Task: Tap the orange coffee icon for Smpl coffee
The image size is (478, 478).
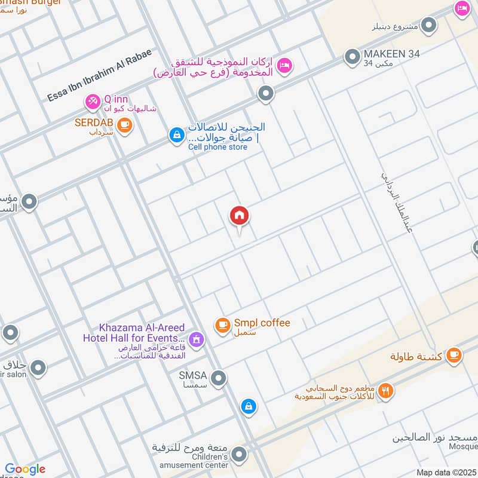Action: pyautogui.click(x=223, y=325)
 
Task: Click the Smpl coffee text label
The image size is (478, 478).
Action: pyautogui.click(x=262, y=323)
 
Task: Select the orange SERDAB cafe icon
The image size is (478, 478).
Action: pyautogui.click(x=124, y=124)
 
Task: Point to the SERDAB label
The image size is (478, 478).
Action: pyautogui.click(x=94, y=122)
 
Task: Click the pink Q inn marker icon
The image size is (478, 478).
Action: pyautogui.click(x=93, y=102)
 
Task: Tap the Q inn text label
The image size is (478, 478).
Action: pyautogui.click(x=116, y=99)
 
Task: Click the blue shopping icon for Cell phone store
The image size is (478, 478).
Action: pyautogui.click(x=176, y=136)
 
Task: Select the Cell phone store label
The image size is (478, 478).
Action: pyautogui.click(x=217, y=147)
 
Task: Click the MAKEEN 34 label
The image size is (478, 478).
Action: pyautogui.click(x=391, y=54)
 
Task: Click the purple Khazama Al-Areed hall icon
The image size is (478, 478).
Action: pyautogui.click(x=197, y=341)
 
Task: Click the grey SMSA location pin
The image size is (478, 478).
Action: pyautogui.click(x=219, y=378)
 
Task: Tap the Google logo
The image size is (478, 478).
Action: pyautogui.click(x=25, y=469)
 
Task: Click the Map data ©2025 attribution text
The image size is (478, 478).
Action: pyautogui.click(x=445, y=472)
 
